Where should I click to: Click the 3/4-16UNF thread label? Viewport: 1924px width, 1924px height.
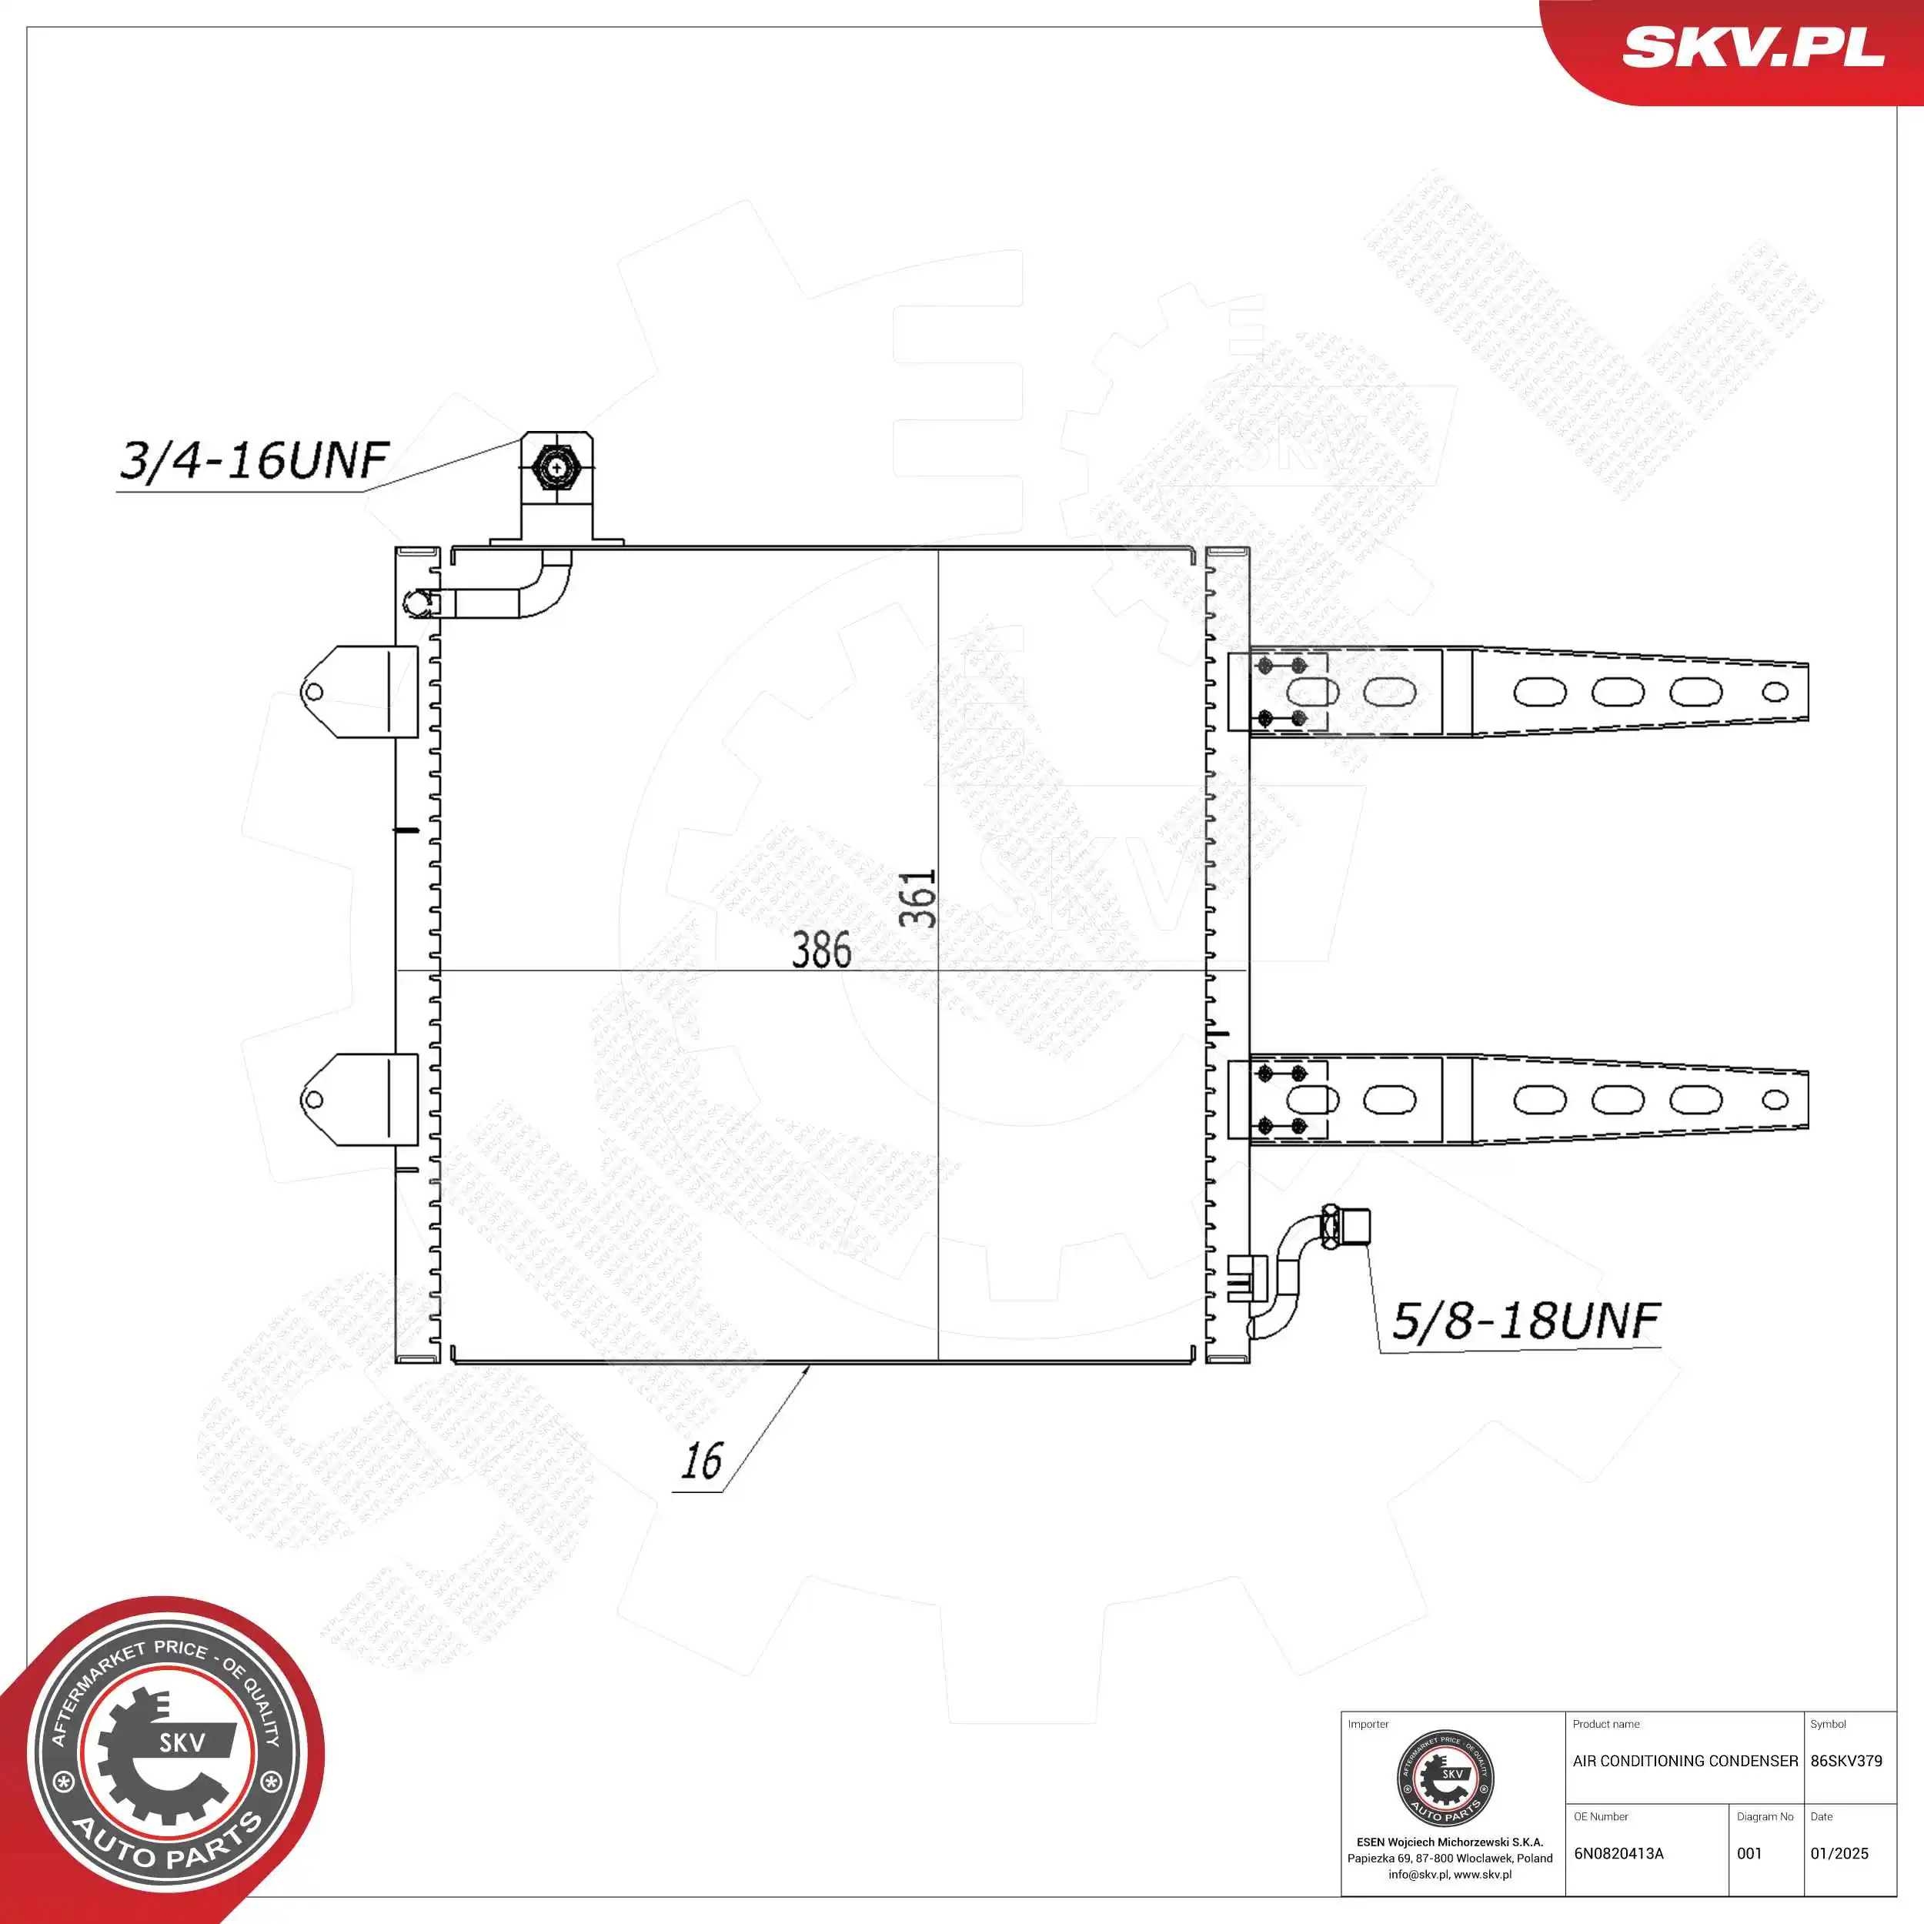click(254, 460)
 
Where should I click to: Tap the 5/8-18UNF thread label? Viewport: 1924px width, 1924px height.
click(1525, 1321)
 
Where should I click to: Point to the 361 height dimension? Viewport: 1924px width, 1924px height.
click(917, 898)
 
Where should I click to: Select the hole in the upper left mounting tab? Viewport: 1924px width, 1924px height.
click(314, 692)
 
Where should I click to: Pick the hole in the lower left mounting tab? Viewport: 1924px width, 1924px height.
click(314, 1100)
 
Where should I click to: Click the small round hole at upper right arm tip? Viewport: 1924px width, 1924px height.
click(1775, 691)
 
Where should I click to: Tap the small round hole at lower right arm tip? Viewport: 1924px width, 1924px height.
click(1775, 1100)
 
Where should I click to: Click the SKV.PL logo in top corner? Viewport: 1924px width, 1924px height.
click(1752, 47)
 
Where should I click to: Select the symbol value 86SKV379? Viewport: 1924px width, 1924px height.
click(1846, 1761)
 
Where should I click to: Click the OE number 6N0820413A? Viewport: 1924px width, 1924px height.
click(1618, 1853)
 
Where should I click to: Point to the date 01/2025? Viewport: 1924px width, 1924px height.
click(1839, 1853)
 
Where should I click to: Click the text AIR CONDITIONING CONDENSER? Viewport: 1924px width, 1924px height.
click(1685, 1761)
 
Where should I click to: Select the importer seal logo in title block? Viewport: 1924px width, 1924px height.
click(1449, 1779)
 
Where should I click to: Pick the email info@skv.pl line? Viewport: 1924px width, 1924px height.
click(1449, 1874)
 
